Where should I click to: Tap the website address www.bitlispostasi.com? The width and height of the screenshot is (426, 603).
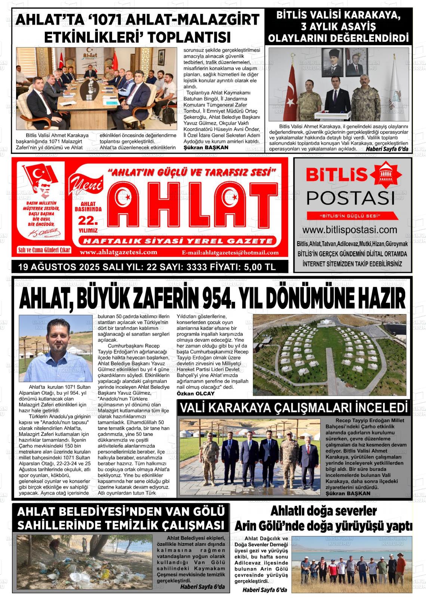(x=349, y=230)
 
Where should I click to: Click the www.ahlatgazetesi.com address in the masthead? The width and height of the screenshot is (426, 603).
(x=118, y=252)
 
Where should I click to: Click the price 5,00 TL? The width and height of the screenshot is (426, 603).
(x=254, y=267)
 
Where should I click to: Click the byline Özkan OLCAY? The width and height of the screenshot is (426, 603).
(x=195, y=394)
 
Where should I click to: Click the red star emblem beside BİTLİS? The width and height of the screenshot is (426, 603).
(x=386, y=175)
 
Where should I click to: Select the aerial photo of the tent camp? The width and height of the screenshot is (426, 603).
(x=330, y=354)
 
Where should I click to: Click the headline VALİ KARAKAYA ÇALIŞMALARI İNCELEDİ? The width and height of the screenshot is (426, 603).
(x=293, y=408)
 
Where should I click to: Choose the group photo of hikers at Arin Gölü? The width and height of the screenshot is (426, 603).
(x=352, y=564)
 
